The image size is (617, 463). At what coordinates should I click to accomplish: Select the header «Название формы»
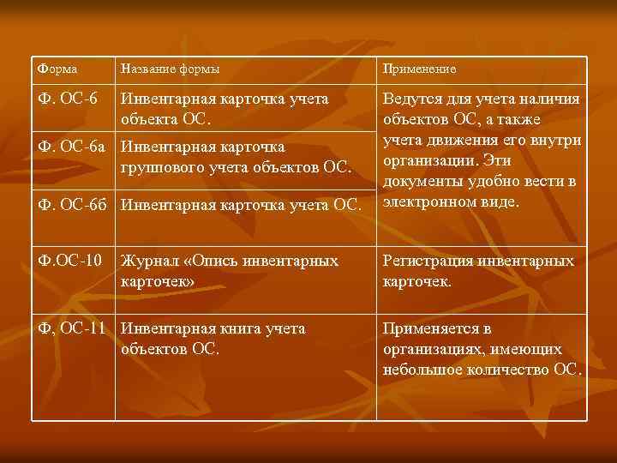click(x=170, y=69)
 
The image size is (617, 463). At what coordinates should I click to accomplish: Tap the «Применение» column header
click(x=420, y=69)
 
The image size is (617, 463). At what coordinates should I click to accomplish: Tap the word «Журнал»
click(x=151, y=261)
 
